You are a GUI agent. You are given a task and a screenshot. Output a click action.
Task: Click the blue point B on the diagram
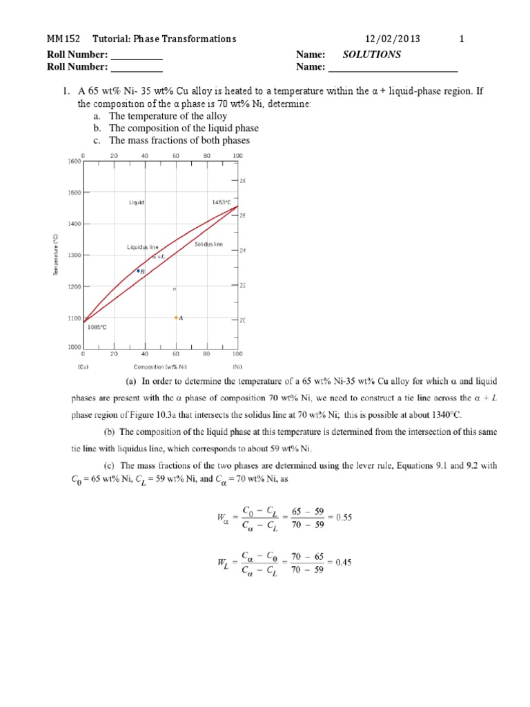(x=138, y=271)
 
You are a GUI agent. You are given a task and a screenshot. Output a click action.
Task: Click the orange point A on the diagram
(x=176, y=318)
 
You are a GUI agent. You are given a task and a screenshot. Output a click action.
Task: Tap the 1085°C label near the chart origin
(x=97, y=328)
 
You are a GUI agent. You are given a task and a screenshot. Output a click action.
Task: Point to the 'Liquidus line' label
(x=143, y=246)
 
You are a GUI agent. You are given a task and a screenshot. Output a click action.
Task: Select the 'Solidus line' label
(x=208, y=244)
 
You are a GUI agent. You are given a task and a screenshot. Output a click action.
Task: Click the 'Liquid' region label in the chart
(x=136, y=202)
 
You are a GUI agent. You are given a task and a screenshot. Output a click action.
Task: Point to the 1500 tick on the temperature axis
(x=74, y=193)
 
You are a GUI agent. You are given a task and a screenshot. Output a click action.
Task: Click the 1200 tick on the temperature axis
(x=74, y=287)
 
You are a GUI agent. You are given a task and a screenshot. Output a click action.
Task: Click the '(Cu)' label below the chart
(x=83, y=367)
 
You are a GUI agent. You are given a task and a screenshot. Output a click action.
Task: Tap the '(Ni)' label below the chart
(x=237, y=367)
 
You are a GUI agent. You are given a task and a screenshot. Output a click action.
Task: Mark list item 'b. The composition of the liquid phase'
(x=176, y=128)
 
